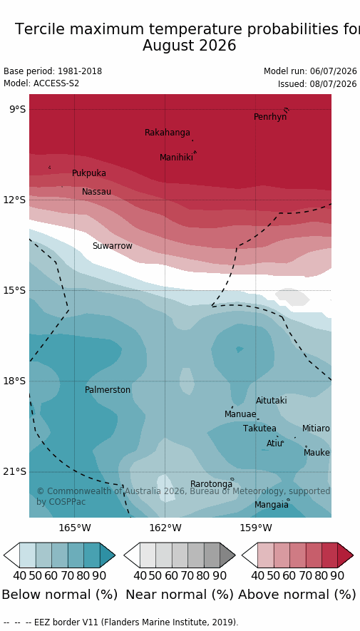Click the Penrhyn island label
pyautogui.click(x=270, y=117)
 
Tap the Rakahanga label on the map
pyautogui.click(x=168, y=133)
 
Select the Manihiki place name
pyautogui.click(x=176, y=158)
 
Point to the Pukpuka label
pyautogui.click(x=89, y=173)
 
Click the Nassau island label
pyautogui.click(x=96, y=192)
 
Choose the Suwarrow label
pyautogui.click(x=112, y=246)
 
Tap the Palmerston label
pyautogui.click(x=108, y=390)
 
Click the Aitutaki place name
pyautogui.click(x=272, y=401)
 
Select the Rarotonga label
pyautogui.click(x=211, y=483)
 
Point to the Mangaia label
pyautogui.click(x=272, y=505)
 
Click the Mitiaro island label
pyautogui.click(x=316, y=429)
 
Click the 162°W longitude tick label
pyautogui.click(x=165, y=527)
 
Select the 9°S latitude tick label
pyautogui.click(x=17, y=110)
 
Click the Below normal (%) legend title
pyautogui.click(x=60, y=595)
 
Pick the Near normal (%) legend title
pyautogui.click(x=180, y=595)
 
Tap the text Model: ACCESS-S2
pyautogui.click(x=41, y=83)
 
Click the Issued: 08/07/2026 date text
pyautogui.click(x=317, y=84)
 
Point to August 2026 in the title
pyautogui.click(x=189, y=46)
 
